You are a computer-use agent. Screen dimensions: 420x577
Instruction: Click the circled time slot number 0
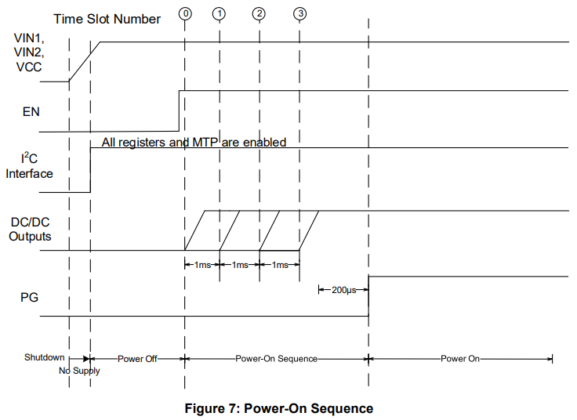185,14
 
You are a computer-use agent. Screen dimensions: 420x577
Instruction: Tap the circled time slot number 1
219,14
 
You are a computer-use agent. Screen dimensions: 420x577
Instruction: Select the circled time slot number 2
259,14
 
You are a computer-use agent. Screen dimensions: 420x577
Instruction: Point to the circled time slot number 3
300,14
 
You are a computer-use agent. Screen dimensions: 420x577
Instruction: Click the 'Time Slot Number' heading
107,19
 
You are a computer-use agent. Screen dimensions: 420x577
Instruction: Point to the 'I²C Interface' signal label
29,166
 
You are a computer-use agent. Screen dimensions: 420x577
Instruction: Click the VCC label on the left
29,67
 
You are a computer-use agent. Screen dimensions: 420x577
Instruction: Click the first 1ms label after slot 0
201,265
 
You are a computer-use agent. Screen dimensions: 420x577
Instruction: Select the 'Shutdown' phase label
43,357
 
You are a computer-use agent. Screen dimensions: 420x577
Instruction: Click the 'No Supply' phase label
80,371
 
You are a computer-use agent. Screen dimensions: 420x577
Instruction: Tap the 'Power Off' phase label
137,358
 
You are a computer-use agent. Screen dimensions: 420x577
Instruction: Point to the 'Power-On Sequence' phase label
276,358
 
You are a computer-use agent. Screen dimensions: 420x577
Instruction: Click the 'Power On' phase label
459,358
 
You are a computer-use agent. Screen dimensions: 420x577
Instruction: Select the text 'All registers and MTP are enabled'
194,143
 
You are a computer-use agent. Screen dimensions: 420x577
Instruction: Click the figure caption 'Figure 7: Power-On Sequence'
278,408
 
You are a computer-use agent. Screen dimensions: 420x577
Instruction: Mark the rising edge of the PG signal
368,296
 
